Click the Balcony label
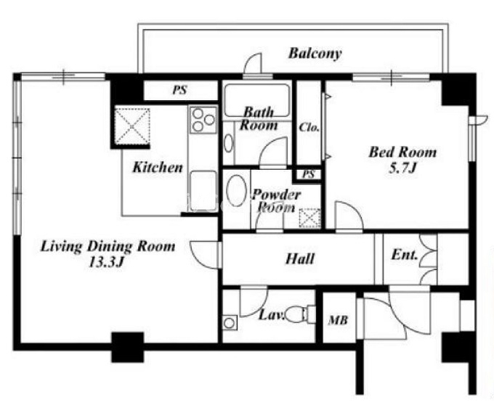coord(315,54)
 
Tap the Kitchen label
coord(158,167)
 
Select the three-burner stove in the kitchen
coord(203,119)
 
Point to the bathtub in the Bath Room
coord(256,100)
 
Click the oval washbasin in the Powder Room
coord(236,191)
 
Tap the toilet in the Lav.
coord(301,314)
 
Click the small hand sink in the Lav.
coord(230,322)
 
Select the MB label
coord(338,320)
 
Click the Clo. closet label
coord(309,128)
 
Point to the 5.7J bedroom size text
coord(403,168)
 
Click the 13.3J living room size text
coord(105,262)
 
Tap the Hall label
coord(300,259)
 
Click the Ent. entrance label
coord(405,255)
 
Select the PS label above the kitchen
coord(179,91)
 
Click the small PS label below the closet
coord(309,174)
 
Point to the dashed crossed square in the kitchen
coord(132,126)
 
